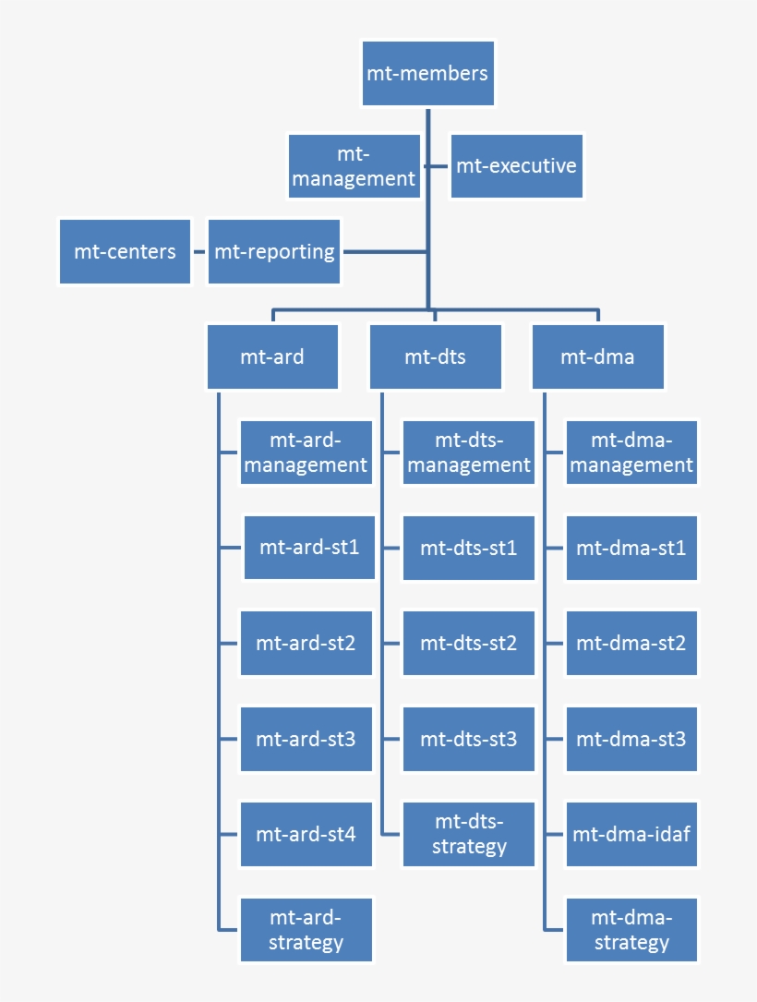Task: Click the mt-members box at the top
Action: pos(427,73)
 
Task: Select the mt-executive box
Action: pos(517,166)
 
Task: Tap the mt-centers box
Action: pos(125,251)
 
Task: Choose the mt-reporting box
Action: pos(274,251)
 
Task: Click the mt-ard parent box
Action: pos(272,356)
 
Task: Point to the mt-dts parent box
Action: pos(436,356)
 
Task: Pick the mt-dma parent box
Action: pos(597,356)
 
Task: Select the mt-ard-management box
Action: pos(306,453)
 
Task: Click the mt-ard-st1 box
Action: pos(308,548)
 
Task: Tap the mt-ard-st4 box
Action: pos(306,834)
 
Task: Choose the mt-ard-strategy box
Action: pos(306,930)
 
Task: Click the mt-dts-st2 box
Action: pos(469,643)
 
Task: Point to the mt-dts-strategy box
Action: pos(469,834)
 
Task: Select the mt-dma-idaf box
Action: pos(631,834)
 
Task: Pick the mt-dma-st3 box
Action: pos(631,739)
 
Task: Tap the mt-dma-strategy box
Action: pos(631,930)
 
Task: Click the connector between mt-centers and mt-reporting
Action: pos(198,251)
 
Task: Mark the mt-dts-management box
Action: pos(469,453)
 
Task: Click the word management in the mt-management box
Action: pos(354,179)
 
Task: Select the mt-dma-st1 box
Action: pos(631,548)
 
